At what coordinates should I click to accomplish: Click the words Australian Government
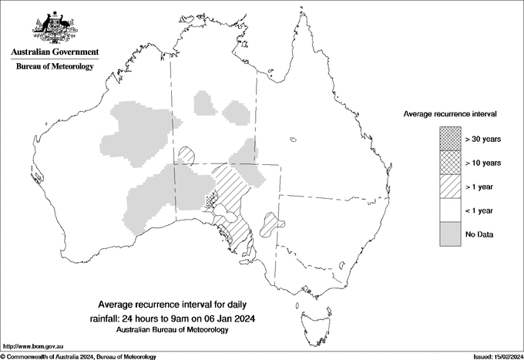pos(55,52)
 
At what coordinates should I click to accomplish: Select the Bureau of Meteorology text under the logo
pos(55,67)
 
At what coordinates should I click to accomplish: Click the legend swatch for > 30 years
pos(449,139)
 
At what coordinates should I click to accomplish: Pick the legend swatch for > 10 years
pos(449,163)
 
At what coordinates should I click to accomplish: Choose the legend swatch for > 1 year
pos(449,187)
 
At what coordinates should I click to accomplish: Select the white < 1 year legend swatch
pos(449,210)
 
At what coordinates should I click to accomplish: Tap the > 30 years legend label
pos(483,139)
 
